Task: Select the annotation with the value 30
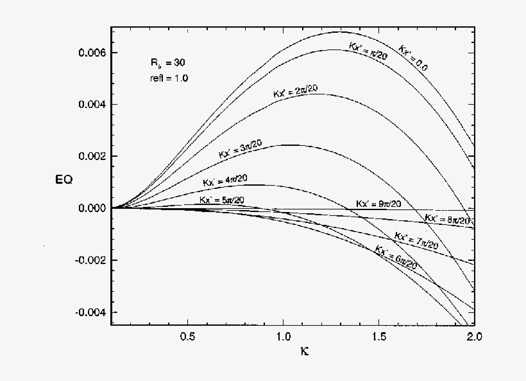click(164, 63)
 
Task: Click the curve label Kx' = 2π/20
click(295, 91)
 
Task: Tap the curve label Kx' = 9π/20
click(379, 204)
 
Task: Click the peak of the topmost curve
click(340, 31)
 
